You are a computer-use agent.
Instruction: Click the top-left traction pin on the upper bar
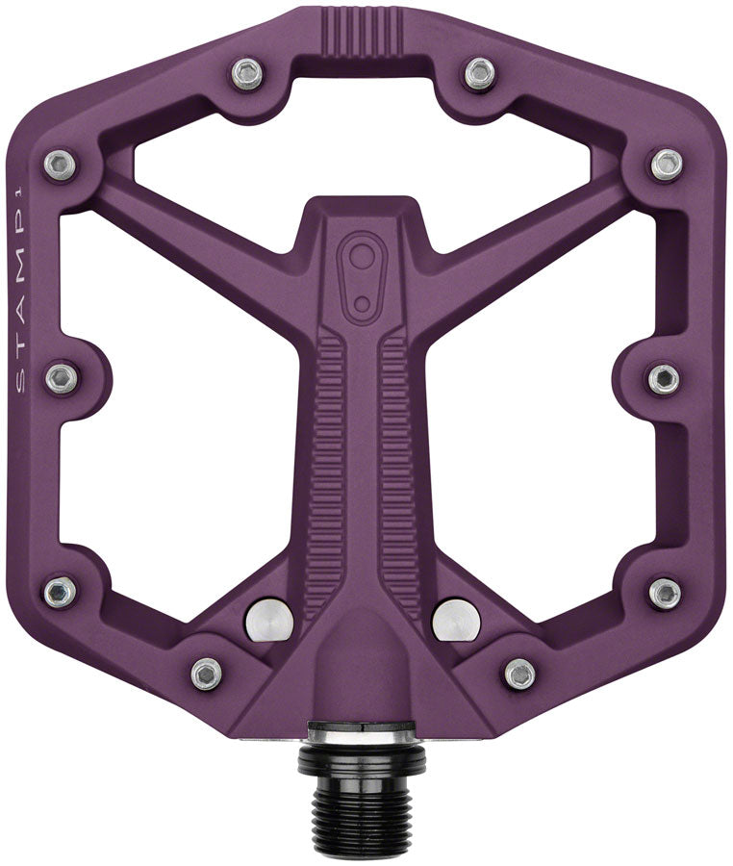[248, 73]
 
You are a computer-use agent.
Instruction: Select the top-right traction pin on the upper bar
[479, 73]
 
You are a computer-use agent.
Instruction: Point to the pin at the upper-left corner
[60, 165]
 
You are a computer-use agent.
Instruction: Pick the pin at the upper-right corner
[666, 165]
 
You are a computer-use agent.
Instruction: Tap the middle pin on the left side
[62, 378]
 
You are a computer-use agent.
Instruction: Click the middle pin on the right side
[663, 378]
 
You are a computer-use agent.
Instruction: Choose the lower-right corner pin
[665, 593]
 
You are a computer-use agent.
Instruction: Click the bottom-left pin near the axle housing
[206, 674]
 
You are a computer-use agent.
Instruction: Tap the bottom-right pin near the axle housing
[519, 674]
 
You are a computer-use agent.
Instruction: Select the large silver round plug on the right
[456, 620]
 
